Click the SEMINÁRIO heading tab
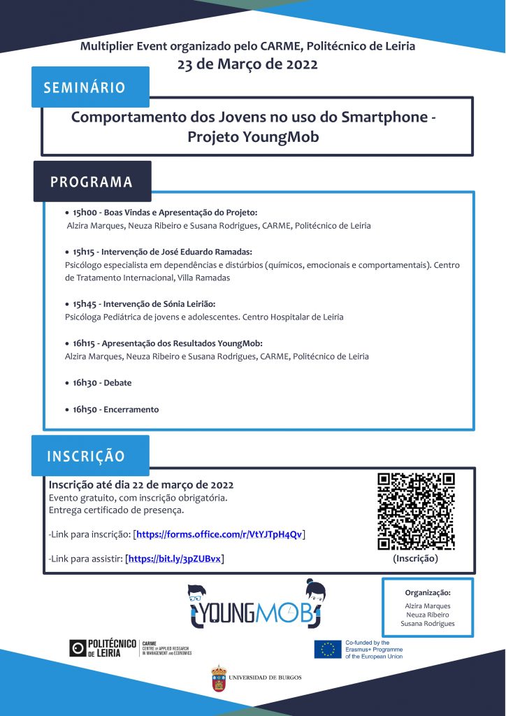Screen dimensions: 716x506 (x=85, y=87)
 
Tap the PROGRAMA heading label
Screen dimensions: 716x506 (x=91, y=182)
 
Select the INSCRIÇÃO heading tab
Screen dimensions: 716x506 (x=86, y=457)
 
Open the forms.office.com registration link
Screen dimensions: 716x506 (x=219, y=535)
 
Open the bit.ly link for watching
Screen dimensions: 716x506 (x=175, y=559)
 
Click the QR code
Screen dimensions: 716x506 (x=416, y=511)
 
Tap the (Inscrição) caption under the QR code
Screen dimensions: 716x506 (x=416, y=559)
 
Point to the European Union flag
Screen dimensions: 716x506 (x=327, y=650)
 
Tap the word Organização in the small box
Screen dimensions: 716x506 (x=428, y=592)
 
